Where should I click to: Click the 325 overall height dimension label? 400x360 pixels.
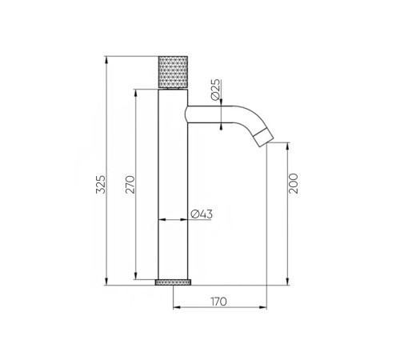[101, 184]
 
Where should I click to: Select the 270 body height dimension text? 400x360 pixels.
[130, 184]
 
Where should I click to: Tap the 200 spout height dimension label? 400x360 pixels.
[293, 183]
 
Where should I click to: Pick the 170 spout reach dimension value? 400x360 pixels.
[218, 302]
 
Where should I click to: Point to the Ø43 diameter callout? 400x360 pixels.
[202, 214]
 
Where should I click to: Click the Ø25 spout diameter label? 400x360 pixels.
[216, 90]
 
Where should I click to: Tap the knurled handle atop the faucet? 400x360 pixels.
[174, 72]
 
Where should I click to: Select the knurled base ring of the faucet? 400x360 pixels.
[174, 282]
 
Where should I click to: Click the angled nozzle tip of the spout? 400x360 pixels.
[263, 137]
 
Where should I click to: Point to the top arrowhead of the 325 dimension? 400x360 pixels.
[106, 60]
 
